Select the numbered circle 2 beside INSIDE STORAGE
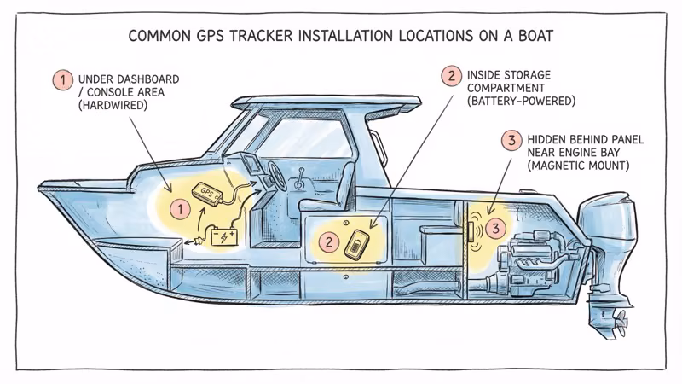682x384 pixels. pos(450,76)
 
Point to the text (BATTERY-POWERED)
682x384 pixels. pos(521,101)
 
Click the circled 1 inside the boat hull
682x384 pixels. pos(178,207)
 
